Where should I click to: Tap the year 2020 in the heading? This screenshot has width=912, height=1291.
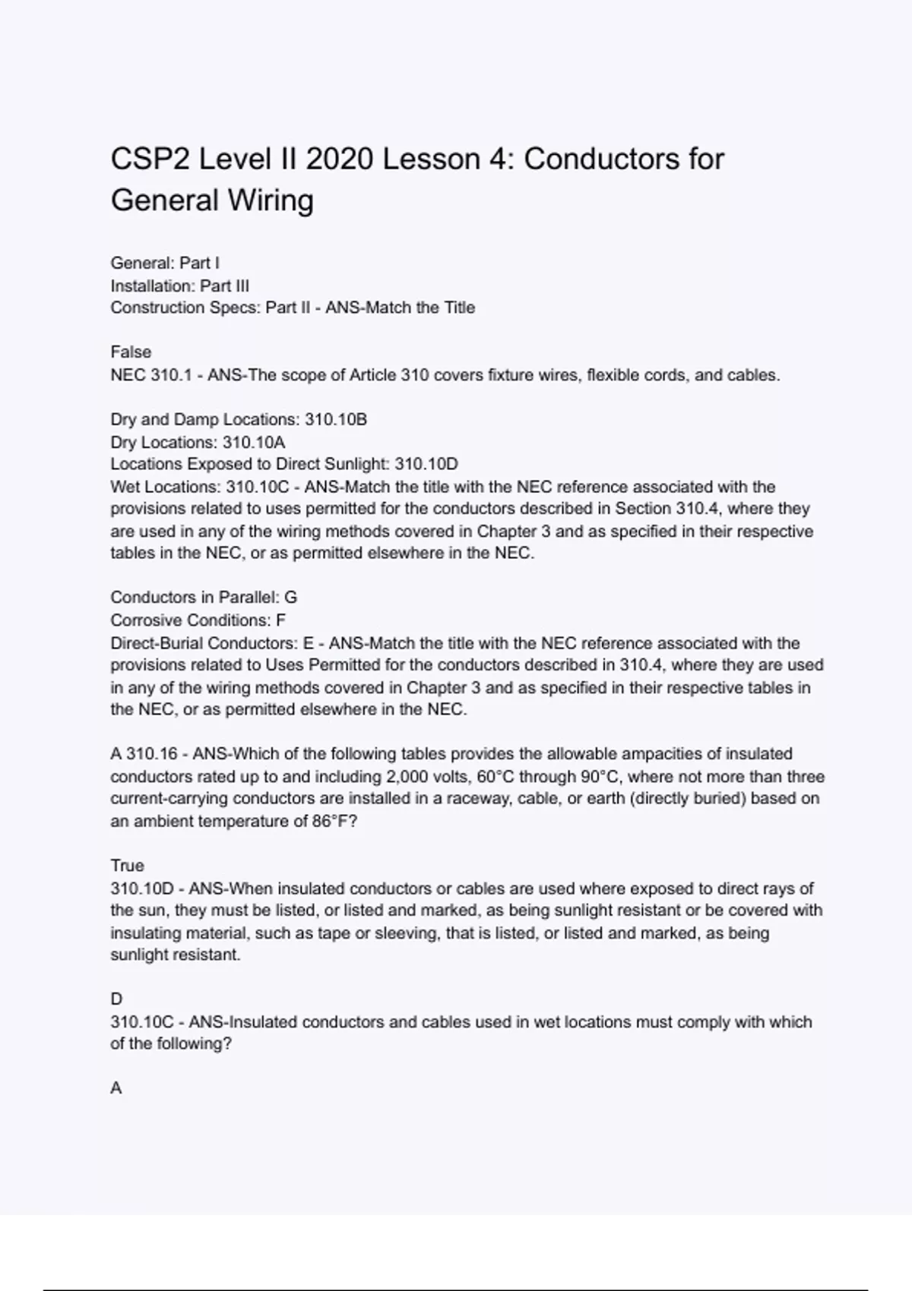click(340, 159)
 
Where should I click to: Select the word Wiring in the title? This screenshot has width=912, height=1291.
click(271, 200)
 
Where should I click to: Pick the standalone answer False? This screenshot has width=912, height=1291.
click(131, 352)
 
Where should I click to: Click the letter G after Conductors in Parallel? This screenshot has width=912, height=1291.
click(290, 598)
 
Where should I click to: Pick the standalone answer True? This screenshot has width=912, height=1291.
click(127, 866)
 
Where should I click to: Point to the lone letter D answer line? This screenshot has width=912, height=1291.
click(116, 999)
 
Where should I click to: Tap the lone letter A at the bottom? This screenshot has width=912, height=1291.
click(116, 1088)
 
